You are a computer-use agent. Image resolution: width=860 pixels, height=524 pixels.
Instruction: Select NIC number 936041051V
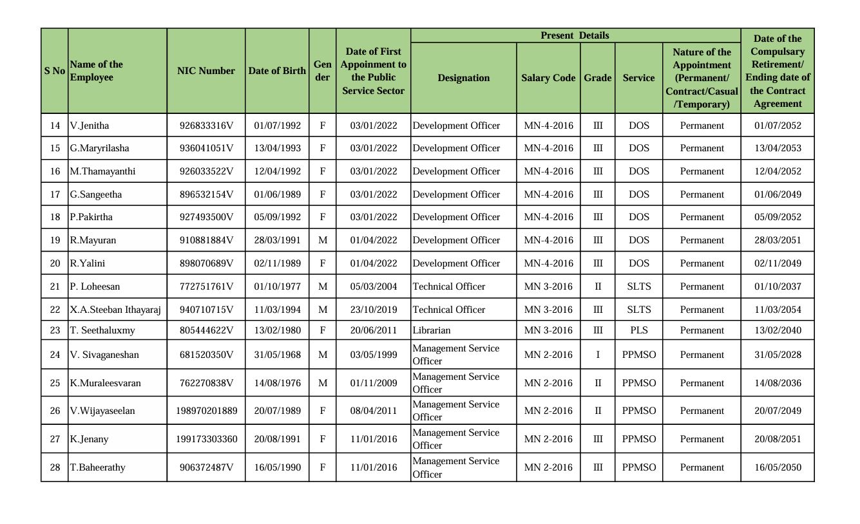[206, 148]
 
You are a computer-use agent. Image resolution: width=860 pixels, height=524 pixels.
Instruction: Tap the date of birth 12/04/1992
[277, 171]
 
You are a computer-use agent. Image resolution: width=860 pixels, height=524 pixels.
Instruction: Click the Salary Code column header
[548, 78]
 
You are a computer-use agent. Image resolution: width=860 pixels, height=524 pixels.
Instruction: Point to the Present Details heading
[575, 35]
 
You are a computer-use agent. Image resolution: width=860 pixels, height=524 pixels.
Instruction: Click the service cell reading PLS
[638, 330]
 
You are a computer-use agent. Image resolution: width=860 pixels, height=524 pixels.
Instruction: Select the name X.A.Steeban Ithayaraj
[115, 310]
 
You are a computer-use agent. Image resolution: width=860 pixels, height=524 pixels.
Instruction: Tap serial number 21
[55, 286]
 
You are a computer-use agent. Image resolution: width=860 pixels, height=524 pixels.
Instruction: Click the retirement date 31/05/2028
[778, 355]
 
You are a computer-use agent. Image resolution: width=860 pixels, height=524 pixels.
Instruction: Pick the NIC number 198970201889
[206, 411]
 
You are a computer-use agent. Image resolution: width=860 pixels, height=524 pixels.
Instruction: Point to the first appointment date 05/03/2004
[374, 286]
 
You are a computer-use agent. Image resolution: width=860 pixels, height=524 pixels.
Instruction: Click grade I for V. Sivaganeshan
[598, 355]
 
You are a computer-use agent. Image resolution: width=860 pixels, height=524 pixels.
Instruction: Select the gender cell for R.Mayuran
[323, 240]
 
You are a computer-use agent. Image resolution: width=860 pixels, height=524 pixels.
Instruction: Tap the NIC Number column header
[206, 71]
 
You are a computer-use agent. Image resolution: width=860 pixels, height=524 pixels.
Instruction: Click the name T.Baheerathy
[97, 467]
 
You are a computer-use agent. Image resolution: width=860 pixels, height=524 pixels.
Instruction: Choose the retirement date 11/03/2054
[778, 310]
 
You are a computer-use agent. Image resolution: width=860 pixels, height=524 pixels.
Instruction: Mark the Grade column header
[598, 78]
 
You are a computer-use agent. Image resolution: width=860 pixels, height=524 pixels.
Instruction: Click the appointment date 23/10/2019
[374, 310]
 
